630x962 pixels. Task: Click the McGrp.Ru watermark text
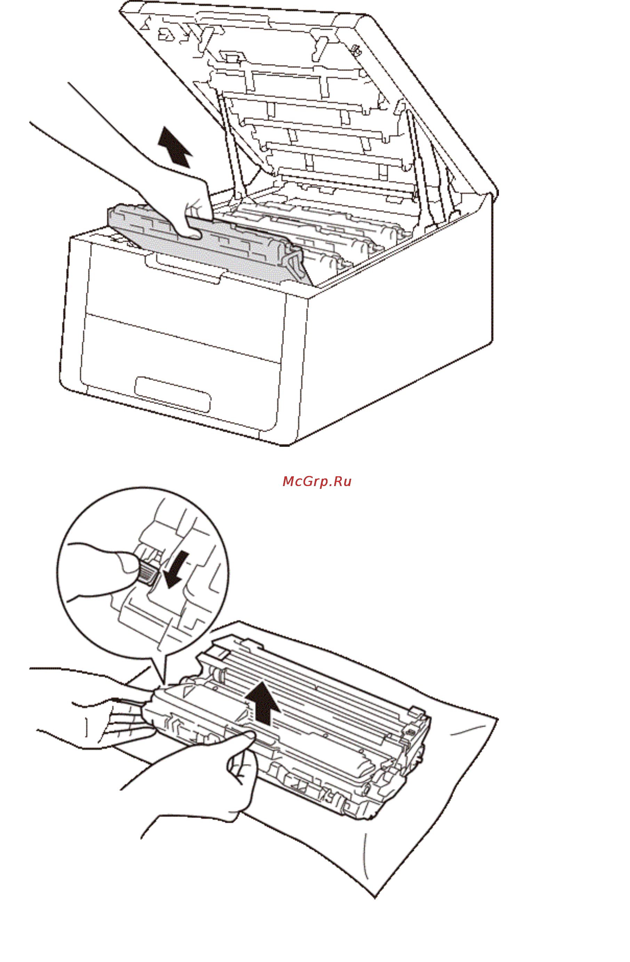tap(317, 482)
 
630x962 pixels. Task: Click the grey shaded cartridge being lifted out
tap(210, 243)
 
